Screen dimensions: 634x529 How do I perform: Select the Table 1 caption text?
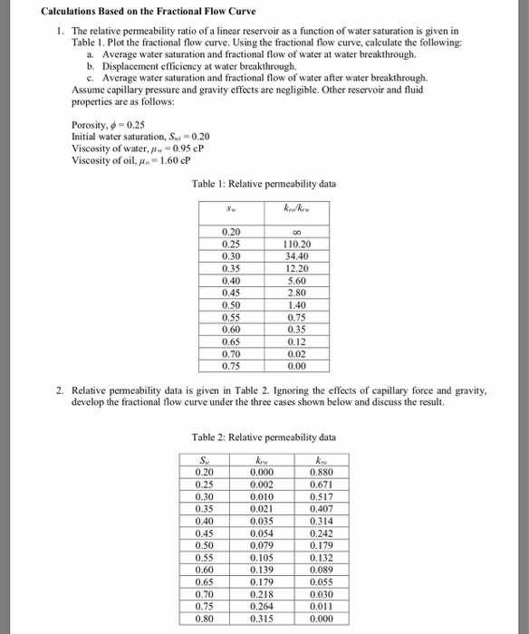coord(264,185)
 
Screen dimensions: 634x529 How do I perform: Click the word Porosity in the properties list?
coord(91,125)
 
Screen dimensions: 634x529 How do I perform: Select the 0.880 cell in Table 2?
coord(321,471)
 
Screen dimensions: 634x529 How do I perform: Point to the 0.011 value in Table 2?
coord(321,606)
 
